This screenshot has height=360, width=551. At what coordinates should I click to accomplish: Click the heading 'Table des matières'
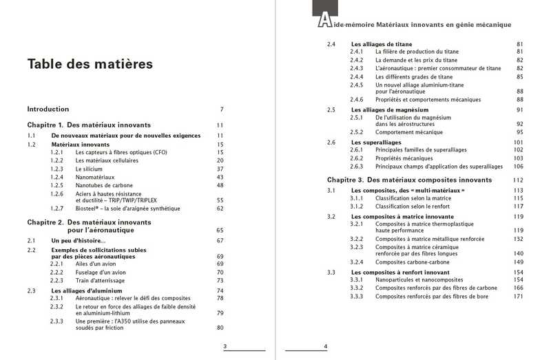pos(90,65)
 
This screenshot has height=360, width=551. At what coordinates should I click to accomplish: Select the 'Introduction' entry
pos(48,109)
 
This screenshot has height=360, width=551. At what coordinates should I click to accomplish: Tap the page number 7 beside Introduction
pos(222,109)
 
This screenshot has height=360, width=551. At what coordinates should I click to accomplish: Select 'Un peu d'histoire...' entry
pos(79,240)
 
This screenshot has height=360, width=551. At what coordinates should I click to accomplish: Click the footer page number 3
pos(216,346)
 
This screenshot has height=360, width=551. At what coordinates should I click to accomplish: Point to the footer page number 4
pos(325,346)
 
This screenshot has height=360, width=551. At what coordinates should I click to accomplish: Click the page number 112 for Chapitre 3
pos(519,180)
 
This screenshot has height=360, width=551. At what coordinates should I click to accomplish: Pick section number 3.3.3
pos(357,297)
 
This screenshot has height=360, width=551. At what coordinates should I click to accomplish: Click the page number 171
pos(519,297)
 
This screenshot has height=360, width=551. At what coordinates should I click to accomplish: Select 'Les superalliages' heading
pos(377,142)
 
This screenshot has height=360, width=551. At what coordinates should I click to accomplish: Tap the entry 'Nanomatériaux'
pos(96,177)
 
